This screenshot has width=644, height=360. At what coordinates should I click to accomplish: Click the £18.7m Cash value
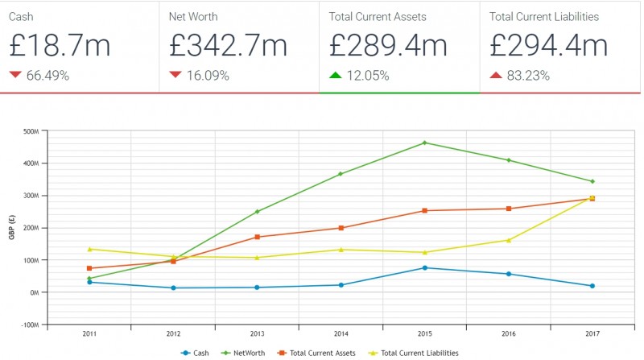pyautogui.click(x=60, y=45)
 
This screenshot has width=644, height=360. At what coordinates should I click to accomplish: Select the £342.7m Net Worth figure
pyautogui.click(x=228, y=45)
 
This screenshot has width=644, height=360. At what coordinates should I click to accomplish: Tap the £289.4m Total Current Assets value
pyautogui.click(x=388, y=45)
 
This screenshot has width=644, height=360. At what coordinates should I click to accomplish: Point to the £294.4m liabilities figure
pyautogui.click(x=548, y=45)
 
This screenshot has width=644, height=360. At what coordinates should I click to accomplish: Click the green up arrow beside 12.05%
pyautogui.click(x=336, y=76)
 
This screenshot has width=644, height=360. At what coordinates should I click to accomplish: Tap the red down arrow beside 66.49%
pyautogui.click(x=15, y=76)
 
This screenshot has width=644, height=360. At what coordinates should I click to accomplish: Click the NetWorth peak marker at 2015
pyautogui.click(x=424, y=143)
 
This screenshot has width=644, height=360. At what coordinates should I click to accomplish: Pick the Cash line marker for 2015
pyautogui.click(x=424, y=267)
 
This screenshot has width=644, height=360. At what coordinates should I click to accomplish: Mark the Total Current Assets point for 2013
pyautogui.click(x=257, y=237)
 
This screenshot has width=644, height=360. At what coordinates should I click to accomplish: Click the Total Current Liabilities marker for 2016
pyautogui.click(x=508, y=240)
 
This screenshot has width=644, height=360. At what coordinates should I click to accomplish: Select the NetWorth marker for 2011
pyautogui.click(x=89, y=279)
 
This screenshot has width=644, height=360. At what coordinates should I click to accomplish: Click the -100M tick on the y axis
pyautogui.click(x=30, y=325)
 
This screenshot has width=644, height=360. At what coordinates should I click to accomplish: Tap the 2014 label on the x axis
pyautogui.click(x=341, y=333)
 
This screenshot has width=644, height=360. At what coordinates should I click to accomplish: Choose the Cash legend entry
pyautogui.click(x=198, y=353)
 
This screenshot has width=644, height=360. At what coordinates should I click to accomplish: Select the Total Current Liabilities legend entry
pyautogui.click(x=415, y=353)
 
